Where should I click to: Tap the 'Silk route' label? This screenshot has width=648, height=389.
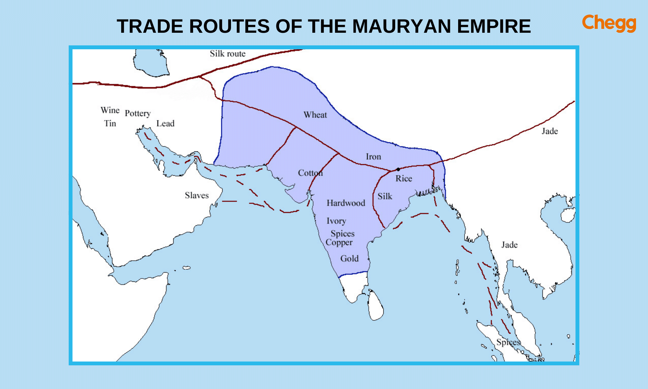(x=227, y=54)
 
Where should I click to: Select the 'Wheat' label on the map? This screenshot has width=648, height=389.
(x=315, y=115)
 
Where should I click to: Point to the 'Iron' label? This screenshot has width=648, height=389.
(x=373, y=157)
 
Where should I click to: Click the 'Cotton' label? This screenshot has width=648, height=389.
(x=310, y=173)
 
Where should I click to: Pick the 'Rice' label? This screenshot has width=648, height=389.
(x=404, y=179)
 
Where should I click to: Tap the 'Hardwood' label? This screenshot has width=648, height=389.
(x=346, y=203)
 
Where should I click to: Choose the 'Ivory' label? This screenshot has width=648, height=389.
(x=336, y=221)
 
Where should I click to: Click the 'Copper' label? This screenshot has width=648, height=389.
(x=339, y=242)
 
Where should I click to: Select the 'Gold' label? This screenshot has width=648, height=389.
(x=349, y=259)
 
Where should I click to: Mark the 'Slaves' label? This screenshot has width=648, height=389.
(x=197, y=195)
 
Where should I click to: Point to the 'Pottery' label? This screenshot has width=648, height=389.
(x=138, y=113)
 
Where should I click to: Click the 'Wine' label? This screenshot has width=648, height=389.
(x=110, y=111)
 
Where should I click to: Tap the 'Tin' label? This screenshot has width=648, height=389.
(x=110, y=124)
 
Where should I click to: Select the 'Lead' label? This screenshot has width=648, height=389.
(x=165, y=124)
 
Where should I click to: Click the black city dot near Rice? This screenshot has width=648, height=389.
(x=398, y=169)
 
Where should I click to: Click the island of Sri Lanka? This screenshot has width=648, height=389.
(x=376, y=306)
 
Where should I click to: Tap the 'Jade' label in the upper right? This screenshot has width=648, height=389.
(x=550, y=131)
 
